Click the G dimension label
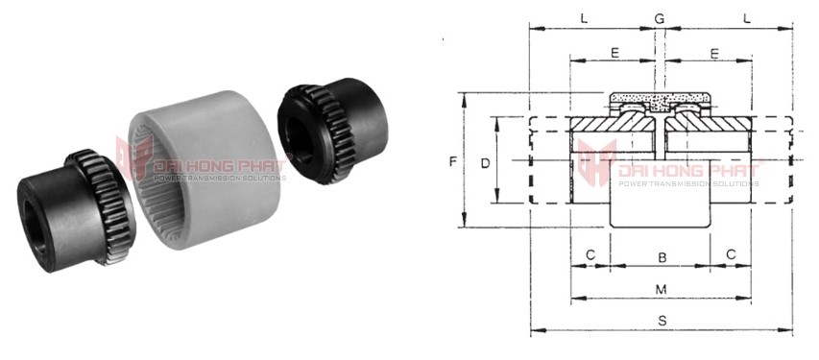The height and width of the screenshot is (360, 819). [660, 19]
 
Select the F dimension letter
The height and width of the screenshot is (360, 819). [453, 162]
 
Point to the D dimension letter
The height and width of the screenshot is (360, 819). [485, 163]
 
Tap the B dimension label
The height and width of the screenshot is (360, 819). [662, 257]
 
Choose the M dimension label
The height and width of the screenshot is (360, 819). [662, 289]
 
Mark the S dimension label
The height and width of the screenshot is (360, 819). [662, 321]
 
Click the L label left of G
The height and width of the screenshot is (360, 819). [584, 19]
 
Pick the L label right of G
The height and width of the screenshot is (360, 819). [747, 19]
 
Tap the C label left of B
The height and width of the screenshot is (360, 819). [590, 254]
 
